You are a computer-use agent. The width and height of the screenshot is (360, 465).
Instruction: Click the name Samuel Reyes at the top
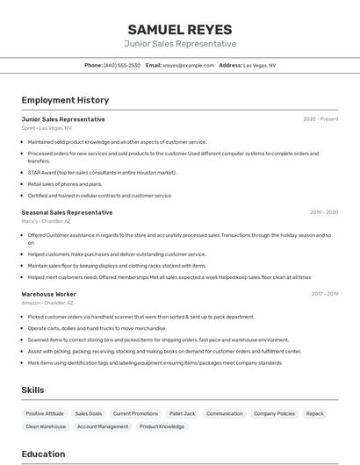tap(180, 29)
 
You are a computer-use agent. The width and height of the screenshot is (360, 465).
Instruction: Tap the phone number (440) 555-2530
tap(121, 65)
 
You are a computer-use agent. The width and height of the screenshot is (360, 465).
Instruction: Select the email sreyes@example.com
tap(188, 65)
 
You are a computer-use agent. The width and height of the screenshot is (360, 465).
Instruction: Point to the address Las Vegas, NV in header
tap(259, 65)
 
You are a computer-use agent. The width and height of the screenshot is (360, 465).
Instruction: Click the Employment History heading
tap(65, 100)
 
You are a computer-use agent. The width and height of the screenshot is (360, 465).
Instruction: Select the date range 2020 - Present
tap(320, 119)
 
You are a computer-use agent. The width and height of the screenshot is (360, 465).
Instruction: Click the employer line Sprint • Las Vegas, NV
tap(47, 128)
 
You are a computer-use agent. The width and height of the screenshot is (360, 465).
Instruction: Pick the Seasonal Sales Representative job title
tap(67, 212)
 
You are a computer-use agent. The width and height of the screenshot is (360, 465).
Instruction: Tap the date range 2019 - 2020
tap(324, 212)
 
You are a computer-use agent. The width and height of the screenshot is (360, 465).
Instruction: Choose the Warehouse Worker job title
tap(48, 294)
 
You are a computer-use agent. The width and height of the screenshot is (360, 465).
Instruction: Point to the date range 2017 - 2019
tap(324, 294)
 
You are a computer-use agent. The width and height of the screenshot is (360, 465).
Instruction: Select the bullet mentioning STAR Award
tap(102, 172)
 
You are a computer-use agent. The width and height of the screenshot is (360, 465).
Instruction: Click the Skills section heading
tap(32, 390)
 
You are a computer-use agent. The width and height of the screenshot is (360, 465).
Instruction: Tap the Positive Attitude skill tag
tap(45, 413)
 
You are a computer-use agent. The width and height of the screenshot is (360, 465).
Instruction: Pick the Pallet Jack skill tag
tap(183, 413)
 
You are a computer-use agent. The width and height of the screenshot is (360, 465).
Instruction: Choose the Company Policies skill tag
tap(274, 413)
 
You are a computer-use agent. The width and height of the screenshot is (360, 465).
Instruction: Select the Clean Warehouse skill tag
tap(46, 426)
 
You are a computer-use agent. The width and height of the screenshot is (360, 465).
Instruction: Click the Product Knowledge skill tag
tap(162, 426)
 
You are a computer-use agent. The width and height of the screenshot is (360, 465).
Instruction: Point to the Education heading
tap(43, 454)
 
